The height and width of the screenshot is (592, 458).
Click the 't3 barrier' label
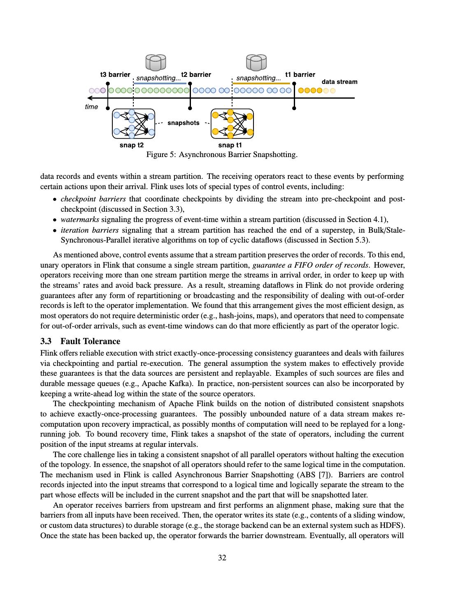115,75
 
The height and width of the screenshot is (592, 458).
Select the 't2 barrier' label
196,75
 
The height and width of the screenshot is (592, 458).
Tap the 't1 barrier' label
300,75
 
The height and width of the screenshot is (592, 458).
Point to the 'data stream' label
339,82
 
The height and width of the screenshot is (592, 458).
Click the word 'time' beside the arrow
91,107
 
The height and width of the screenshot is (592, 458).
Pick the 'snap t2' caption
132,145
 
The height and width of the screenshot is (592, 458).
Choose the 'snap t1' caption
230,145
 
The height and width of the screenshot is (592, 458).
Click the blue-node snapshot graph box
133,123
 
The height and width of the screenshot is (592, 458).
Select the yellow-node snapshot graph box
232,123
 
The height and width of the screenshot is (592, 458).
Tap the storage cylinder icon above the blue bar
156,62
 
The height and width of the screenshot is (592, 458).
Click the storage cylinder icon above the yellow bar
256,62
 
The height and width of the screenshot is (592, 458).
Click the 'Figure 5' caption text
222,155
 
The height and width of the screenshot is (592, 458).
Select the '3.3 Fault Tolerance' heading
81,341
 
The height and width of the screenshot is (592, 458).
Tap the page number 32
222,558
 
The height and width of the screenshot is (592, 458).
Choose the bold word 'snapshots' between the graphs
184,123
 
